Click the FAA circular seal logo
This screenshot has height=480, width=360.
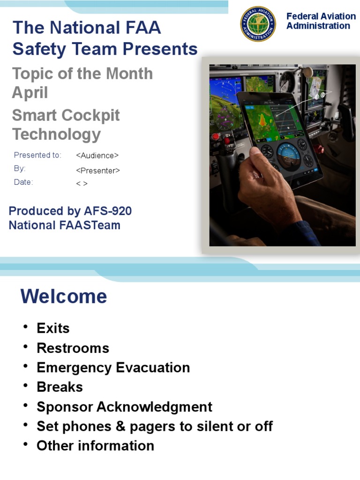(258, 24)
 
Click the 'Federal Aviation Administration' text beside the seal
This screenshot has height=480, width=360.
(321, 21)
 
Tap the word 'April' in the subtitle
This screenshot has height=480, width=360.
(30, 93)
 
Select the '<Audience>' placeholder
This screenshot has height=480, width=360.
(97, 156)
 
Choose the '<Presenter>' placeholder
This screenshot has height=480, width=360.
(97, 171)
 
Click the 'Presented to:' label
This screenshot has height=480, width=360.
(37, 155)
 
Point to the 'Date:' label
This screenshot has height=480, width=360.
(23, 182)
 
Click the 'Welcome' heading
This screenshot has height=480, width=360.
(64, 297)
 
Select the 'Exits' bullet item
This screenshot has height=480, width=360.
(53, 328)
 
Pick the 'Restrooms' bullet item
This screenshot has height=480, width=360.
(73, 348)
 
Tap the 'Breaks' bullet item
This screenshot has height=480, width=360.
(60, 387)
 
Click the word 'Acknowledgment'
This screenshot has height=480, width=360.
(154, 407)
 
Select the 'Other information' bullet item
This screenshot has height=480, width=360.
(95, 446)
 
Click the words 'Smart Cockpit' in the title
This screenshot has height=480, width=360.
(66, 115)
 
